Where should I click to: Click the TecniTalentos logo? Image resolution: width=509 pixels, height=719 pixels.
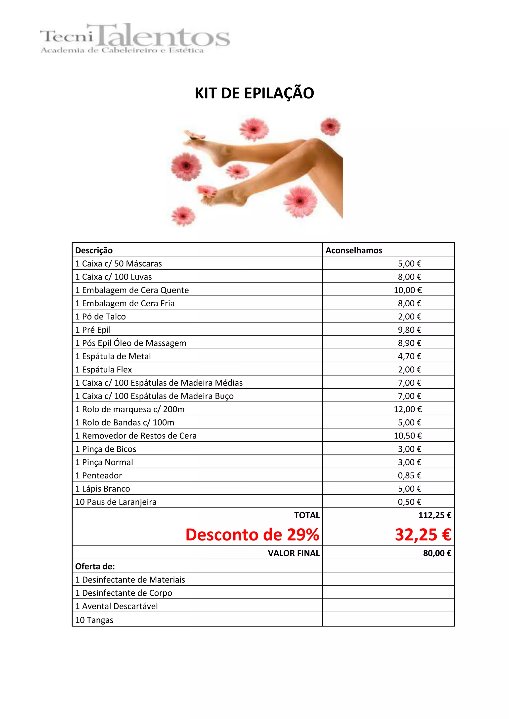tap(135, 38)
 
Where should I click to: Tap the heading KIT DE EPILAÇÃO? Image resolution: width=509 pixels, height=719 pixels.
tap(254, 93)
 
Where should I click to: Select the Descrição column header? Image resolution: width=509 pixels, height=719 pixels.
tap(94, 250)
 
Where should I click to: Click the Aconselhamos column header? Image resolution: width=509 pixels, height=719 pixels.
tap(354, 250)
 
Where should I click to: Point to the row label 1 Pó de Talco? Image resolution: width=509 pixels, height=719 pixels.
tap(100, 317)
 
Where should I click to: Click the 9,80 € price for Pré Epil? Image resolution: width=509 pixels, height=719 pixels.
tap(409, 330)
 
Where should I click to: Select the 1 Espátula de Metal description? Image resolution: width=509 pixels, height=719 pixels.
tap(113, 356)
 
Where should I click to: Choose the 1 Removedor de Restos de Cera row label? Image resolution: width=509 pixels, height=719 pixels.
tap(136, 436)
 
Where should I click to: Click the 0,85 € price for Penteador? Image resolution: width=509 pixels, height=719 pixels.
tap(409, 475)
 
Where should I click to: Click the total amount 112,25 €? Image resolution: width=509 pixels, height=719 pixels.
tap(435, 515)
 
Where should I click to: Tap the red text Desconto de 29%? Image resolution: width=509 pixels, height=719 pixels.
tap(252, 535)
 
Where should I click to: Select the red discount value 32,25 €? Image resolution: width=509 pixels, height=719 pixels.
tap(423, 535)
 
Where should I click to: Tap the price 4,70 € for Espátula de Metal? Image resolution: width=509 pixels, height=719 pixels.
tap(409, 356)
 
